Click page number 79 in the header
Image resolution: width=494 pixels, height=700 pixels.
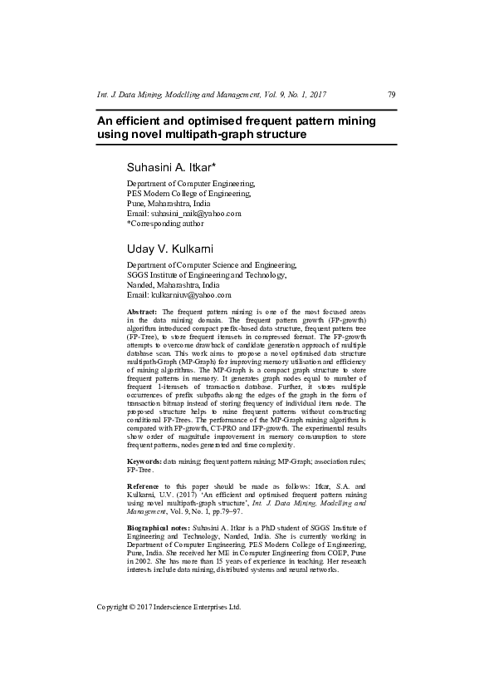[x=391, y=95]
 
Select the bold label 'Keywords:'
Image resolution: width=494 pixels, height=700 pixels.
[x=144, y=460]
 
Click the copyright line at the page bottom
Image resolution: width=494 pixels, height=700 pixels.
[x=169, y=607]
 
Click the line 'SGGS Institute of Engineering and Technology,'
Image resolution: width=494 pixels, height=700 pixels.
[x=206, y=274]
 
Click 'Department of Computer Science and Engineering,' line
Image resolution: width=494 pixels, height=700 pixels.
[x=211, y=264]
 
